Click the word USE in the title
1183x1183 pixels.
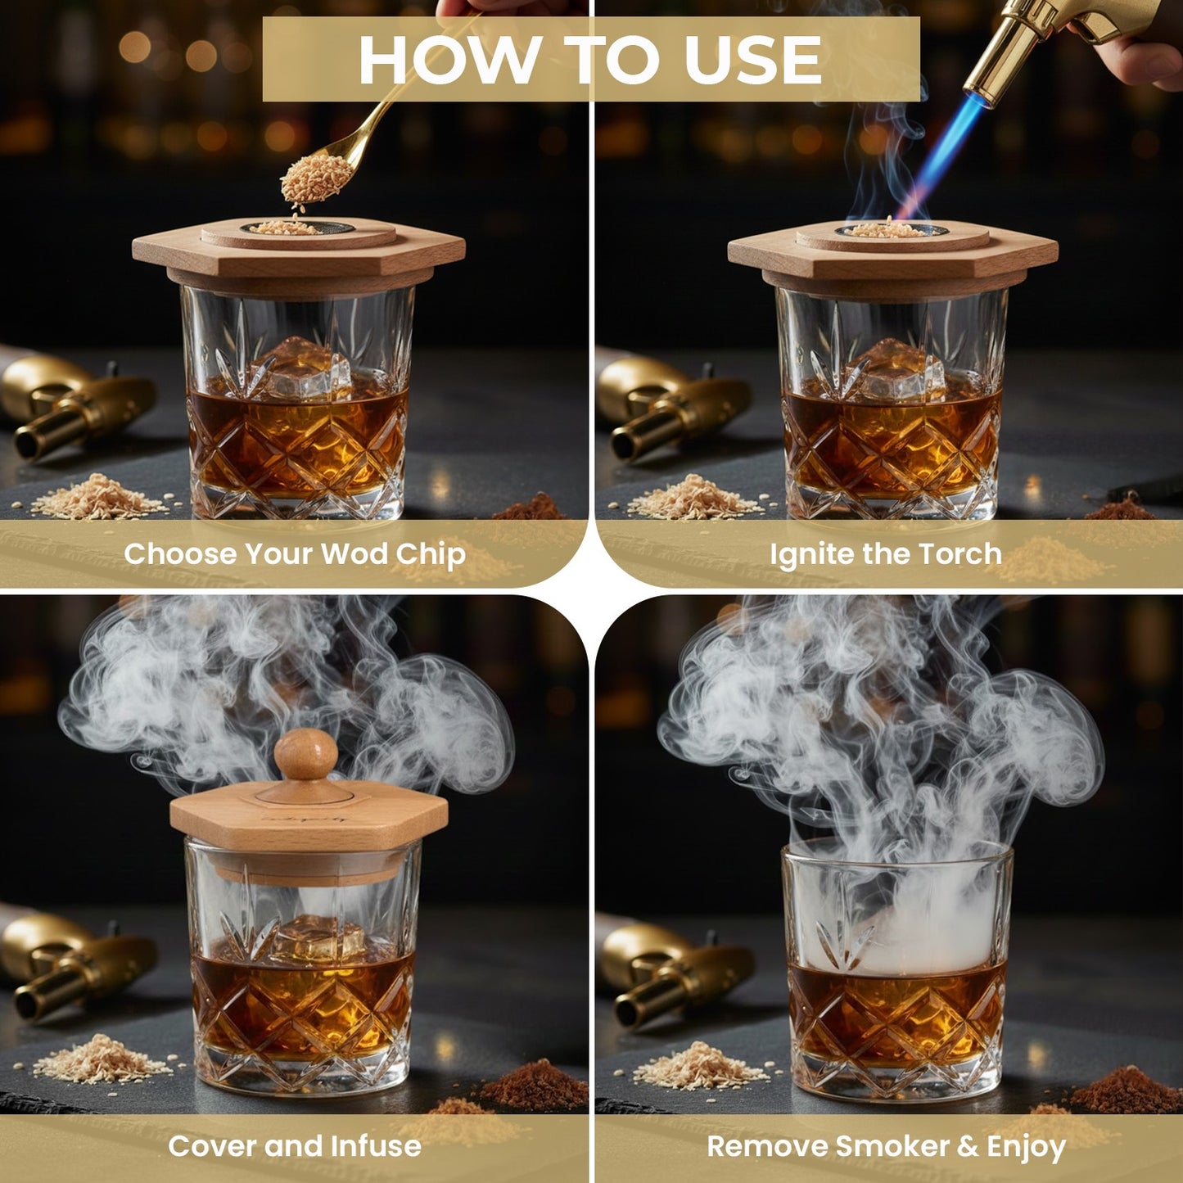coord(752,61)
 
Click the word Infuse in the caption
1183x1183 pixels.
coord(376,1145)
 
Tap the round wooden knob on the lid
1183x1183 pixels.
coord(305,754)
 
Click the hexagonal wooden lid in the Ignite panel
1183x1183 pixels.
coord(892,254)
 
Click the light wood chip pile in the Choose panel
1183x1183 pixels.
coord(98,497)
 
